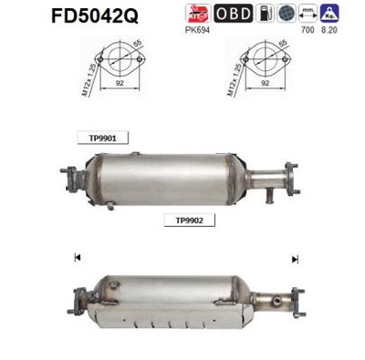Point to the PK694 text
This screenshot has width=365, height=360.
coord(196,29)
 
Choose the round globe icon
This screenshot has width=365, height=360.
coord(286,13)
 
